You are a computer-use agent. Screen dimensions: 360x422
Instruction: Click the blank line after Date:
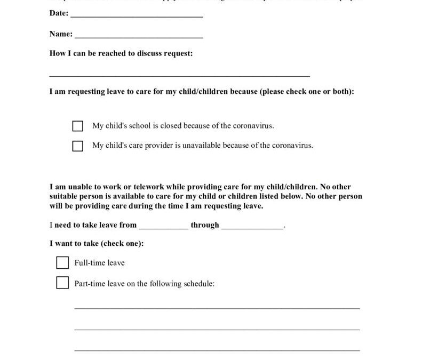137,16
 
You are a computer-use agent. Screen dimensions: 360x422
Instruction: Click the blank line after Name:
139,37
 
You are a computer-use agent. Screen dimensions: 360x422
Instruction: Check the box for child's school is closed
78,126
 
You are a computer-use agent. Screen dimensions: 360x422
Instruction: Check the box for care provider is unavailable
78,146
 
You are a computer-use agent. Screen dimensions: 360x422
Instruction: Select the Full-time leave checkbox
62,263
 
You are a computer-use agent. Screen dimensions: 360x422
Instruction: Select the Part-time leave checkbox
62,283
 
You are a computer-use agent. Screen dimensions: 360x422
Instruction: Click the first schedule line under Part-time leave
217,308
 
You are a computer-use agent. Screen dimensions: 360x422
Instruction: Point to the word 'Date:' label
59,14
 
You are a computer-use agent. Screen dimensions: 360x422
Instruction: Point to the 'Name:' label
61,34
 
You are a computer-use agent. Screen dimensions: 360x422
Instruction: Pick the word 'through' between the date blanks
205,225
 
